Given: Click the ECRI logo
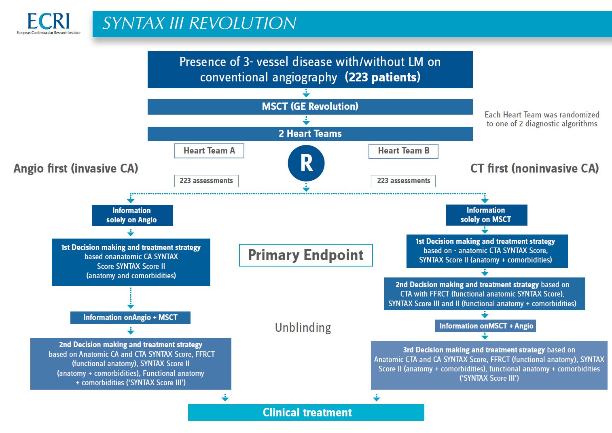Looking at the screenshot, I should point(49,23).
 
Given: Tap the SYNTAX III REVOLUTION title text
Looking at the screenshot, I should point(199,23).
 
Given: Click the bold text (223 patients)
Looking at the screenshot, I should point(383,77).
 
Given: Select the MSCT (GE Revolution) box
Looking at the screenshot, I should point(310,107).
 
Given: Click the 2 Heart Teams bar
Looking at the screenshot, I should point(310,134).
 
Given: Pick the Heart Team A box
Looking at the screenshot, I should point(209,151).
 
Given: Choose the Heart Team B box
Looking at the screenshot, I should point(403,151).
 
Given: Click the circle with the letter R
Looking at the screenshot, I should point(306,163).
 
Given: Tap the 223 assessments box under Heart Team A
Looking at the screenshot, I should point(206,181).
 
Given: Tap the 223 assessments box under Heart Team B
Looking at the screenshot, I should point(403,181).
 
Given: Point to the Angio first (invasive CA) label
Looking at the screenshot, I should point(76,169).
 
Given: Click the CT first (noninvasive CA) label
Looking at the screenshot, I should point(534,169).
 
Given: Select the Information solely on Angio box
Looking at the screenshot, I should point(132,215).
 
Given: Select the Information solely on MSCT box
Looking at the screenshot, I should point(486,215).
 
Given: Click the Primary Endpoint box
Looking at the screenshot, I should point(306,255).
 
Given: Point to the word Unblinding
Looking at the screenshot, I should point(303,327).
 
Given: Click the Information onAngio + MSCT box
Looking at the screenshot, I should point(130,318).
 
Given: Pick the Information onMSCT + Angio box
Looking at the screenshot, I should point(486,326).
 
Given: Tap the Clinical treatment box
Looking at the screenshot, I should point(306,412).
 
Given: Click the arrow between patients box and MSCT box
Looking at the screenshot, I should point(306,93).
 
